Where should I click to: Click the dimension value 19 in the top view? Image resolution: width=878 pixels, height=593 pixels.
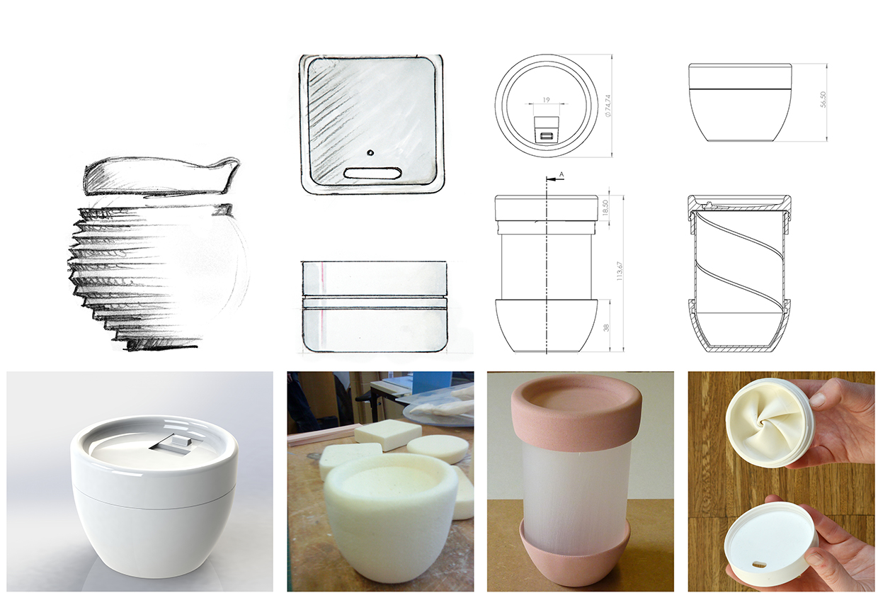[546, 101]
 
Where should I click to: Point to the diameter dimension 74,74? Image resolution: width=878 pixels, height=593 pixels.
[608, 106]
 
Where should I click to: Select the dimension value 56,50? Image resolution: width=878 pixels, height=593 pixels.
[823, 100]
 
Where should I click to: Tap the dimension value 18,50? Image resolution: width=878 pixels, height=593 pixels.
[605, 208]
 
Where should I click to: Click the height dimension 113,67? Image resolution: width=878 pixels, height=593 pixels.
[620, 271]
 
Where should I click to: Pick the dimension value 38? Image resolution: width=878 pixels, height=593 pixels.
[606, 327]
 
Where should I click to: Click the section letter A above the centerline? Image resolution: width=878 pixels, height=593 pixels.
[561, 174]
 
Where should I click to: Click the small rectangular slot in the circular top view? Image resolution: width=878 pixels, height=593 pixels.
[546, 136]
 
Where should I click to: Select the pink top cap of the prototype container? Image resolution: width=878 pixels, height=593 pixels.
[576, 417]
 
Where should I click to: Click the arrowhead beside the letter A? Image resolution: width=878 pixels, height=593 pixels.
[550, 180]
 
